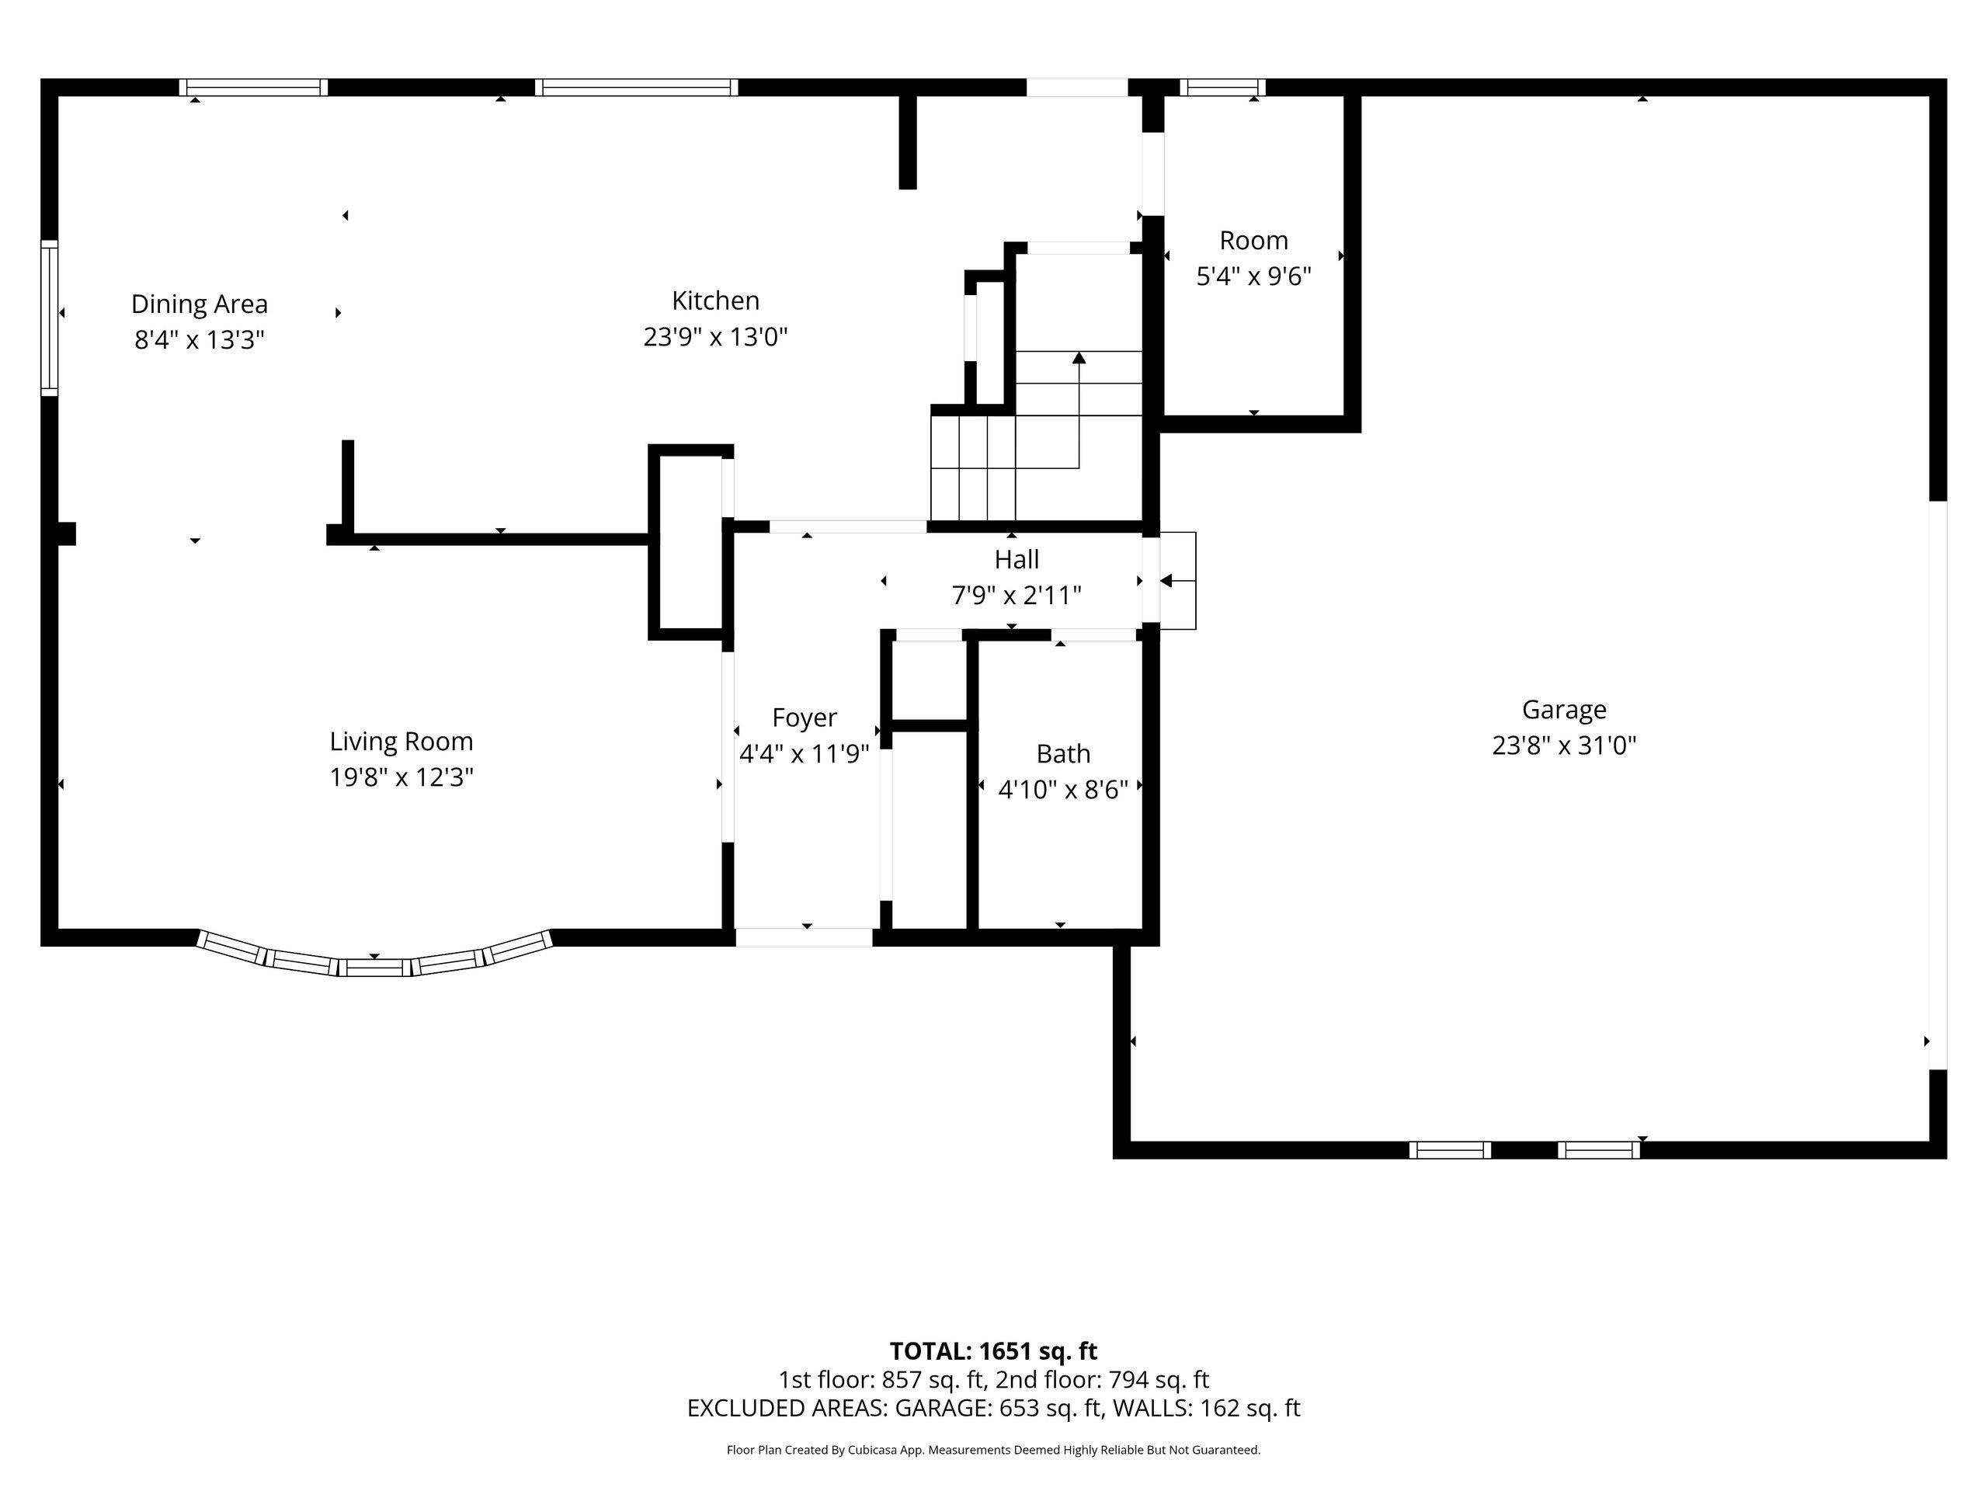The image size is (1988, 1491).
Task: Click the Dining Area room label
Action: click(200, 304)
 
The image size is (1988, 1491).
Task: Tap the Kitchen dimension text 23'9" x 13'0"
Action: click(715, 337)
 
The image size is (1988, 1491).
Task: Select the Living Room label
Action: click(401, 742)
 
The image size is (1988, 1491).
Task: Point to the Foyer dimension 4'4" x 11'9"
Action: click(805, 753)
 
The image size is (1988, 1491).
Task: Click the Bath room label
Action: click(1063, 753)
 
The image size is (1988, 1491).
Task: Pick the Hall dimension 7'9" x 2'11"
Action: click(1017, 595)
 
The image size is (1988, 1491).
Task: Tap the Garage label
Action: click(1564, 710)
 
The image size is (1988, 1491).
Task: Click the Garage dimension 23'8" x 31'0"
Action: click(1564, 745)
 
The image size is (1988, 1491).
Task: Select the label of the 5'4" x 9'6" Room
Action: click(1253, 241)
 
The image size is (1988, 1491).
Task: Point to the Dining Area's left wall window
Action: click(50, 318)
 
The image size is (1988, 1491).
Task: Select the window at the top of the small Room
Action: click(1222, 87)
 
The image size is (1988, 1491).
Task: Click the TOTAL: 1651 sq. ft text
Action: click(993, 1350)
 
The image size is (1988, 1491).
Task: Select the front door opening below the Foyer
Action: click(805, 937)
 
